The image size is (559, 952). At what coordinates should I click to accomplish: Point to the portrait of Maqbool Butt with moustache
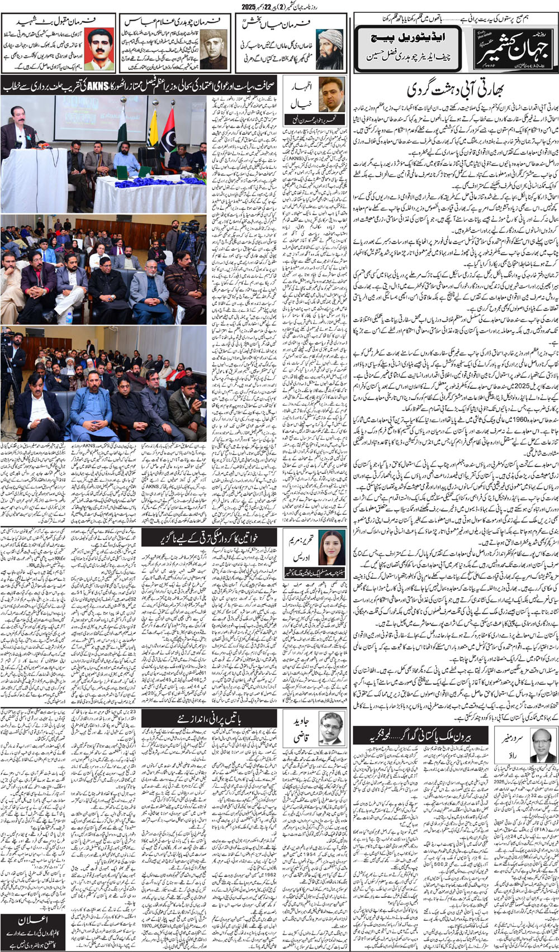point(100,49)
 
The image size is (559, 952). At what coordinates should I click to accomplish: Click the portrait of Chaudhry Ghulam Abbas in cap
point(215,49)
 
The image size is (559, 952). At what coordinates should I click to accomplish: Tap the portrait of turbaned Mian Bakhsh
point(329,49)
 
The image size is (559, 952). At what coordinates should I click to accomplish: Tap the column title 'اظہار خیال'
point(299,95)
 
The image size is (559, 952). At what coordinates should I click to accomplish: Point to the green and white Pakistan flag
point(122,128)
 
